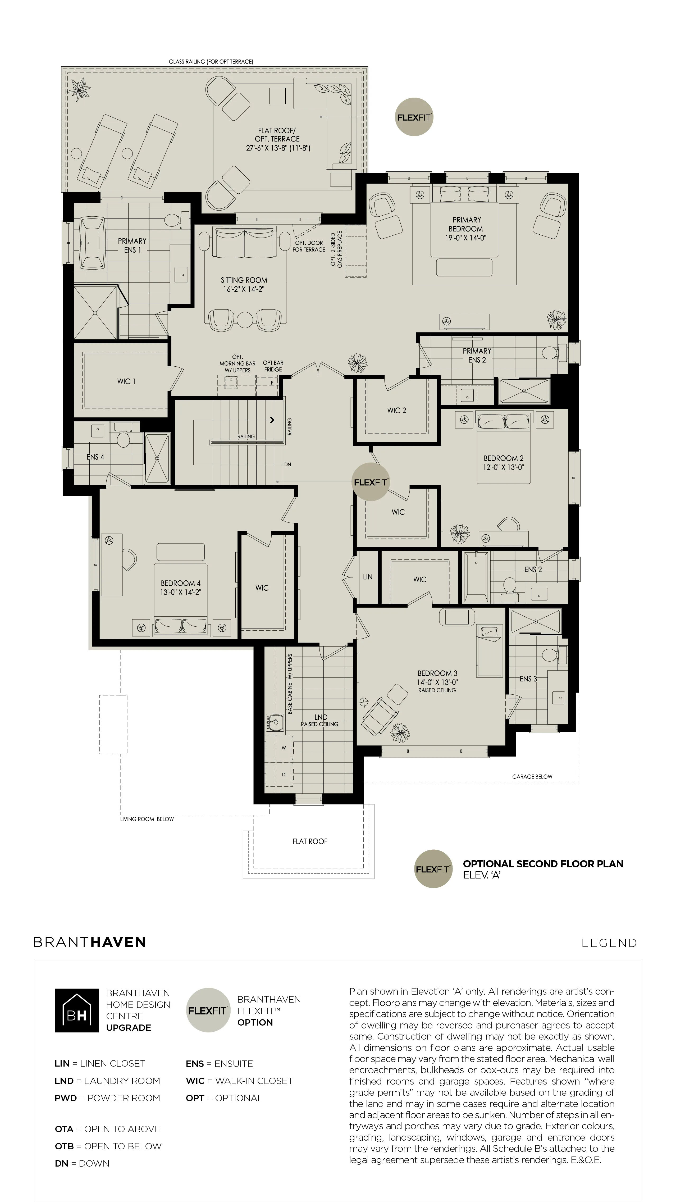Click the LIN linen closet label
point(368,577)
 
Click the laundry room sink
point(275,723)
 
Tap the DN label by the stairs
point(288,464)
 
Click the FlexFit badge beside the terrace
point(414,117)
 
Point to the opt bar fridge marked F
point(272,383)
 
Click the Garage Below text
point(532,776)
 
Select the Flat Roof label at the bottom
point(310,841)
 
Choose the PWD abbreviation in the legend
point(64,1098)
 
